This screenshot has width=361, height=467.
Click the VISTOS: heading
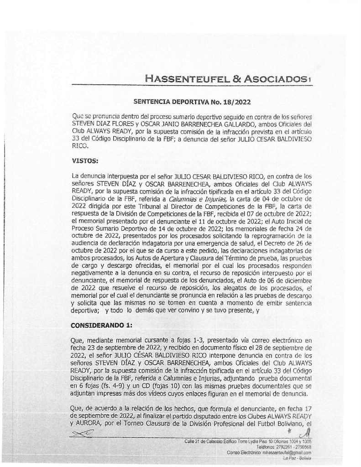click(87, 161)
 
